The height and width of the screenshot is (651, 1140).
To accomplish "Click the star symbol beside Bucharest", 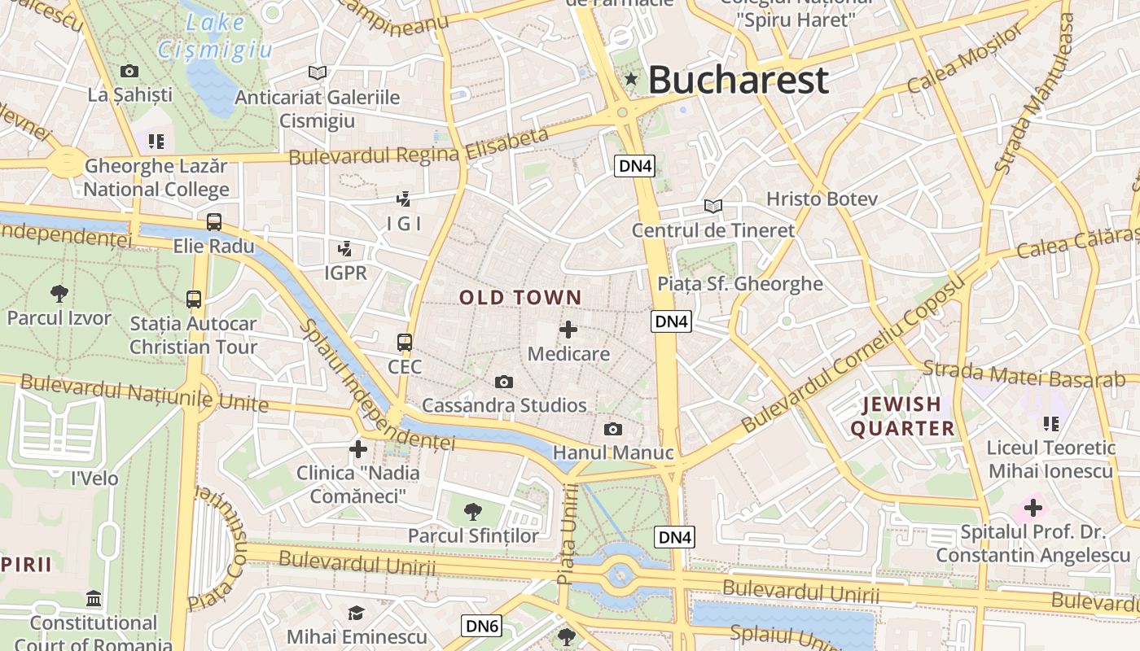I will [x=631, y=79].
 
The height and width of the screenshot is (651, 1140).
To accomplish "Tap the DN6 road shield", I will [x=481, y=626].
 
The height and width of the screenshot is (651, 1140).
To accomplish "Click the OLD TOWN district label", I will [x=521, y=298].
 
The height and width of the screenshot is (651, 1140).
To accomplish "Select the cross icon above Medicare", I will [x=568, y=330].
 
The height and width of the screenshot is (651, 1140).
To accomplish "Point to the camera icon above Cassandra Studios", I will [x=504, y=382].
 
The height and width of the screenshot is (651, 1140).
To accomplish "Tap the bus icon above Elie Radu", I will [x=214, y=221].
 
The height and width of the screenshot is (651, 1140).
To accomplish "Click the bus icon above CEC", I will [x=405, y=342].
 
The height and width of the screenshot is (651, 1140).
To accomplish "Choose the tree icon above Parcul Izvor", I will [x=59, y=293].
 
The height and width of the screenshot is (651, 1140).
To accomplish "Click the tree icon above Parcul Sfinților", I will [x=473, y=512].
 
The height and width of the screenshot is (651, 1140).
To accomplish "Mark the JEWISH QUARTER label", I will [x=902, y=416].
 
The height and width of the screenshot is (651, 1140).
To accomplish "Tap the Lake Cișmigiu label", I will [x=216, y=36].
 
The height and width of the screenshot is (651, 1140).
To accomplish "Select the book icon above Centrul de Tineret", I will [x=713, y=207].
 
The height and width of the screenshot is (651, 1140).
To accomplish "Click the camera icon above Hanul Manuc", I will [x=613, y=429].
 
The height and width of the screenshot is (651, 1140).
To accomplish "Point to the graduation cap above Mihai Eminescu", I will [x=356, y=613].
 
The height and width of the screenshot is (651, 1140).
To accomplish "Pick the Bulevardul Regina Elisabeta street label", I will [x=419, y=146].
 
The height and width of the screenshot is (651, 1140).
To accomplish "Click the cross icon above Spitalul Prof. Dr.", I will [x=1033, y=509].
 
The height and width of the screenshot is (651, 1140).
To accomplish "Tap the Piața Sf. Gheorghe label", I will [x=740, y=284].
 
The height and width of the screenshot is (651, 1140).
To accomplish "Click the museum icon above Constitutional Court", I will [x=94, y=599].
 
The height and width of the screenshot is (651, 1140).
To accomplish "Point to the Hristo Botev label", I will [x=822, y=199].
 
